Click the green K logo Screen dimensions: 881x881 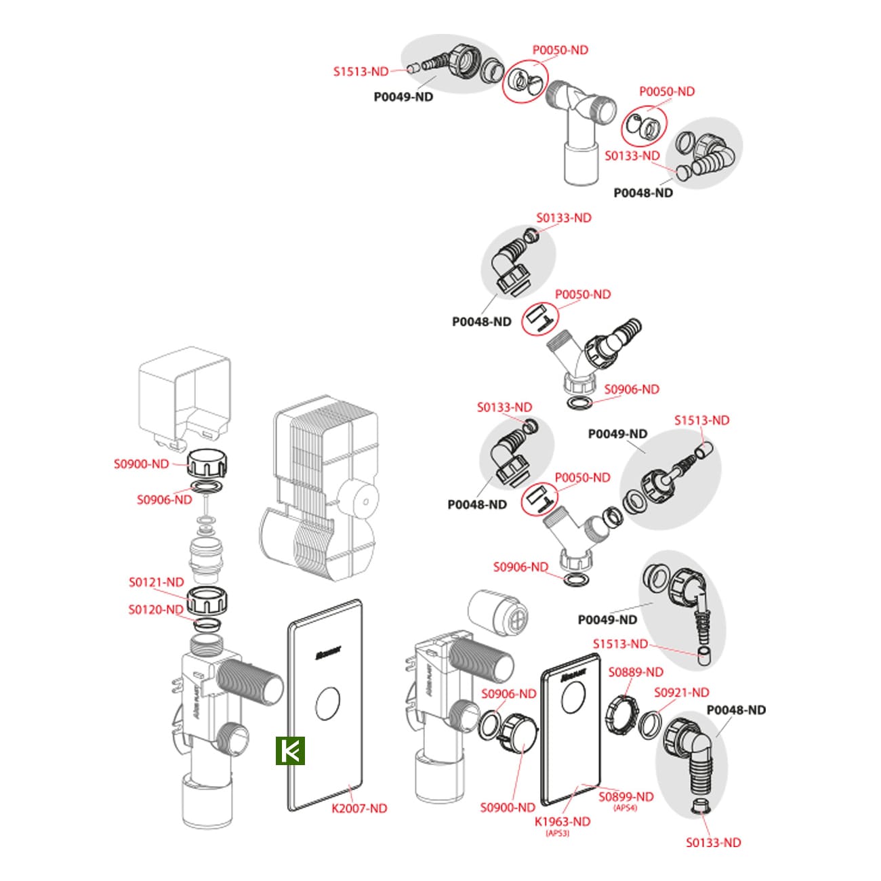tap(291, 751)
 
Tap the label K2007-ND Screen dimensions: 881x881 tap(359, 808)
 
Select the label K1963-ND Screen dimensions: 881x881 tap(562, 821)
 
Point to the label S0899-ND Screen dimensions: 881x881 tap(626, 797)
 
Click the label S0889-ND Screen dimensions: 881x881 tap(636, 672)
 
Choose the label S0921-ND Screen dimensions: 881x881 tap(681, 693)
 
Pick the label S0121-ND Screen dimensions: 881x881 tap(157, 582)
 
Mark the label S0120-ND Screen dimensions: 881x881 tap(156, 609)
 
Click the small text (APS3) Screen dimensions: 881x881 tap(557, 834)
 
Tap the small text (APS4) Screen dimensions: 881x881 tap(625, 808)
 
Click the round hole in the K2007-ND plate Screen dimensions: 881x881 tap(329, 703)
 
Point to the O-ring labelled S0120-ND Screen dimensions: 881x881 tap(207, 624)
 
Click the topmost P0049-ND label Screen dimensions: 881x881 tap(403, 97)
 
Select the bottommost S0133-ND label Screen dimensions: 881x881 tap(713, 842)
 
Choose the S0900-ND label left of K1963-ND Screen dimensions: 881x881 tap(508, 807)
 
